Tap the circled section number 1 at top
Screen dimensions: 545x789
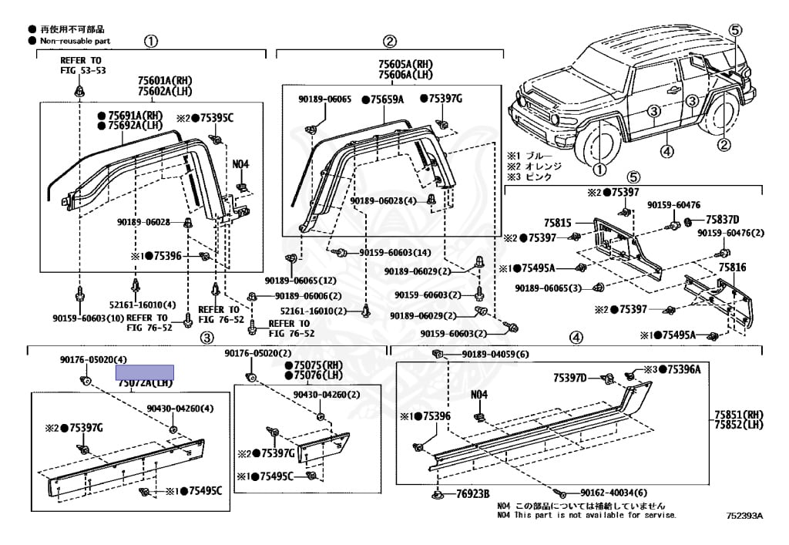[152, 41]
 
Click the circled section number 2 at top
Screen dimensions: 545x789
[390, 41]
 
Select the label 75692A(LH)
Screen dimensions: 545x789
[135, 126]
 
